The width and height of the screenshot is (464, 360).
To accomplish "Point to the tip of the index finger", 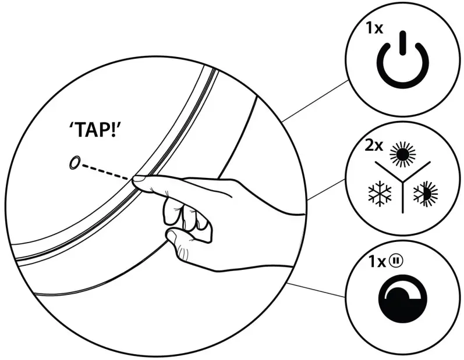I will (137, 182).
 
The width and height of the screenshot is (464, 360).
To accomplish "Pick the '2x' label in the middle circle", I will (374, 145).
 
